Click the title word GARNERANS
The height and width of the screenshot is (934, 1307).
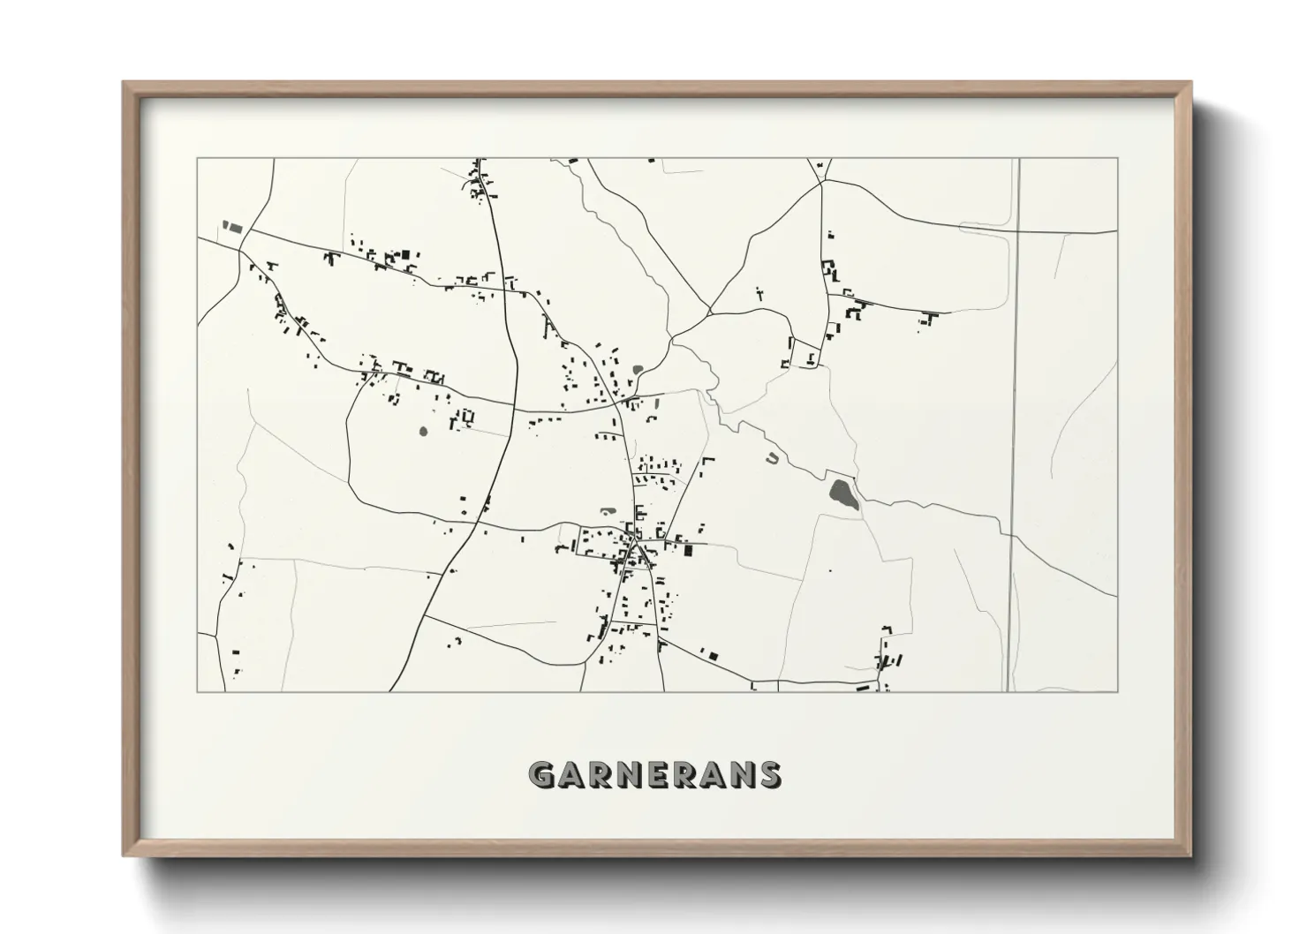[653, 774]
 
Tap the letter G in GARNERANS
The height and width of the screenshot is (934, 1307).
[540, 774]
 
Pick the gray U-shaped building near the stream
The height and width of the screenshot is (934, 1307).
[773, 458]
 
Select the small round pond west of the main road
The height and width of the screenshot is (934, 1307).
[423, 432]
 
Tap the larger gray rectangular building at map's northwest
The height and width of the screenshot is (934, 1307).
[234, 227]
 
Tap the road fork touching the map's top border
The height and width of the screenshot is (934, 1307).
[820, 168]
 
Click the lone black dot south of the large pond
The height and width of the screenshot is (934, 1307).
[829, 572]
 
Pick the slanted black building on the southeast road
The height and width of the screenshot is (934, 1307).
[710, 655]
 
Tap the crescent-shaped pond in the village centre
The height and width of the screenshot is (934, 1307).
[607, 509]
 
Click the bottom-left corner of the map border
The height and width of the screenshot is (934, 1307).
[198, 691]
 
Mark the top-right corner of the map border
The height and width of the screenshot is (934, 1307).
[1117, 159]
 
